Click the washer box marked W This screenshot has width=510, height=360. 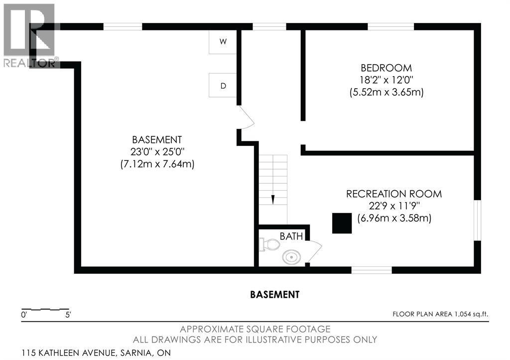223,42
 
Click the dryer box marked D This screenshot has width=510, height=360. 223,85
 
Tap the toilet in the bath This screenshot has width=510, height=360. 270,244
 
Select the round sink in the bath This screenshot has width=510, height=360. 290,257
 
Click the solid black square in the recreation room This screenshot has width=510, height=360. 342,223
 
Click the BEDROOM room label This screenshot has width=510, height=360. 386,68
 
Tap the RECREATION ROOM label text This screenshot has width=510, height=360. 394,194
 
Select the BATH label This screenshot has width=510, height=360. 291,237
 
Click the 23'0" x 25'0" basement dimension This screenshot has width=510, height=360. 157,152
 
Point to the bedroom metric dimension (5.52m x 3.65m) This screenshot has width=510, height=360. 386,92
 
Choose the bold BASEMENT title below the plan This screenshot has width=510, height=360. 275,295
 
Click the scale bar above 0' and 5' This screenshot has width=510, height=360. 45,309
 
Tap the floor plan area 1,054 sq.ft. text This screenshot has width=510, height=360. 440,314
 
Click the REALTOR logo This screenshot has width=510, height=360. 29,35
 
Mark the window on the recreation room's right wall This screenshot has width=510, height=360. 477,220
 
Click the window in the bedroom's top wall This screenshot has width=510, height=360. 391,27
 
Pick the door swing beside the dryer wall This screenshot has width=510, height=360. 246,117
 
